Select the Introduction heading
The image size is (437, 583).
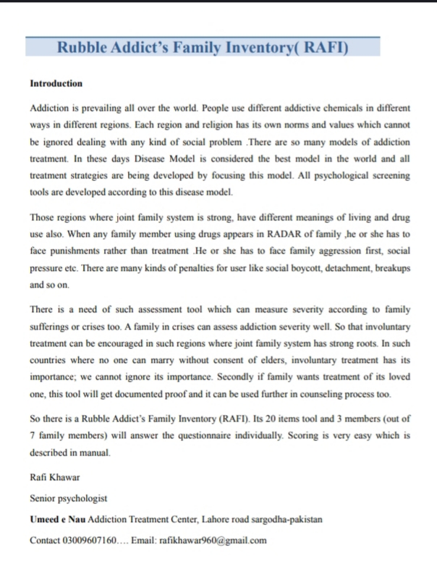tap(56, 83)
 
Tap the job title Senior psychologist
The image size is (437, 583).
tap(69, 500)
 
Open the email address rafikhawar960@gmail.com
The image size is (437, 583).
tap(213, 540)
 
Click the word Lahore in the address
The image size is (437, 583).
tap(205, 520)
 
